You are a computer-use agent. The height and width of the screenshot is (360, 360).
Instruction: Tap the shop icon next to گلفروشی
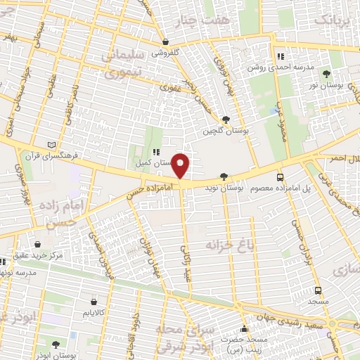click(x=165, y=41)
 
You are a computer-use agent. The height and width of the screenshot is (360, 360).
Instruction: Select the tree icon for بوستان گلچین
click(x=225, y=120)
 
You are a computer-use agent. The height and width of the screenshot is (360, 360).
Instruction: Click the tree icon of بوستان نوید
click(x=224, y=177)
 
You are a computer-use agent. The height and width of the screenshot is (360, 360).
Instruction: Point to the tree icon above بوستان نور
click(x=326, y=73)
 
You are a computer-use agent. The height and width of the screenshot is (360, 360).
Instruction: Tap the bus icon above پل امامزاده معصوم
click(x=281, y=177)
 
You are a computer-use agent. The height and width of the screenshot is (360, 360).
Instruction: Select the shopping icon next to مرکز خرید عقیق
click(x=27, y=244)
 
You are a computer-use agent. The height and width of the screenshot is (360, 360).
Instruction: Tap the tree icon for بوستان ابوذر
click(x=56, y=344)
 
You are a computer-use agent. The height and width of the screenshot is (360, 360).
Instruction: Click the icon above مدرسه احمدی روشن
click(x=281, y=56)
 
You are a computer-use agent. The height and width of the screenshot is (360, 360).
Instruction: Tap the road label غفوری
click(x=171, y=89)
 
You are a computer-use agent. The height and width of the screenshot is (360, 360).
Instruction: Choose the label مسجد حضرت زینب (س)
click(x=245, y=344)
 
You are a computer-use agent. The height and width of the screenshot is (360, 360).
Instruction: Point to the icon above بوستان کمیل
click(x=155, y=151)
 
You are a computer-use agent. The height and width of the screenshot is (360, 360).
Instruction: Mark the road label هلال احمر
click(x=344, y=159)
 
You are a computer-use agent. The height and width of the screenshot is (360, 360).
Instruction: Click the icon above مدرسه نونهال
click(x=4, y=262)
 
